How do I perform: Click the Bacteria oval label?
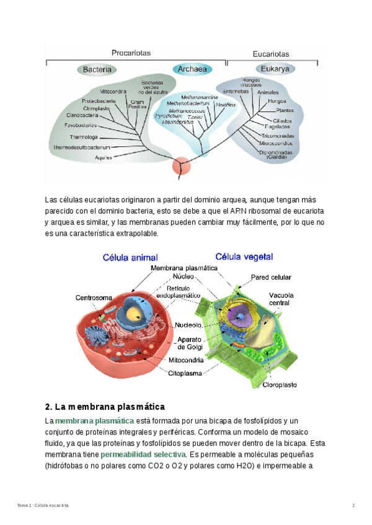click(x=97, y=69)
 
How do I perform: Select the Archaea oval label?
click(x=192, y=69)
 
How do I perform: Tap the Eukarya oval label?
click(x=275, y=69)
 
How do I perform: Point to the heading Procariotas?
click(x=131, y=53)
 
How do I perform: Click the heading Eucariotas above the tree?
click(x=271, y=54)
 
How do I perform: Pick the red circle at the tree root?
click(x=181, y=166)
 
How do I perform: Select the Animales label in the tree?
click(x=268, y=92)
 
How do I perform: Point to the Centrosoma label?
click(x=94, y=298)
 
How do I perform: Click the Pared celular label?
click(x=271, y=277)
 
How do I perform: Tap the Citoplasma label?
click(x=185, y=373)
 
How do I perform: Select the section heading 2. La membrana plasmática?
click(x=105, y=407)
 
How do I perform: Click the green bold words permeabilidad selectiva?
click(x=143, y=455)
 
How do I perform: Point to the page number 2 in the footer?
click(x=353, y=506)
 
